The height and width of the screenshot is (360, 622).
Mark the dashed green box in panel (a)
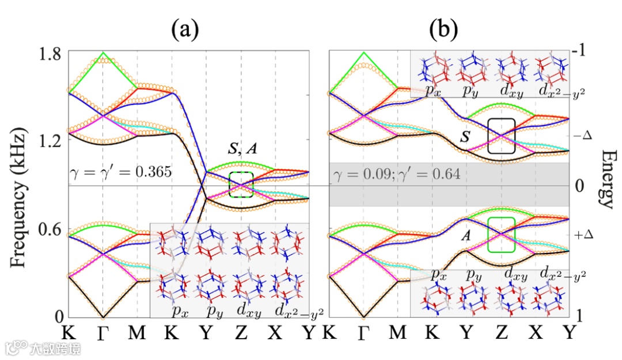pos(241,185)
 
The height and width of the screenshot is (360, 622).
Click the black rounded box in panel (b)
pos(501,136)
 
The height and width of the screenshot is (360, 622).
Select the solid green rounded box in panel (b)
pos(501,234)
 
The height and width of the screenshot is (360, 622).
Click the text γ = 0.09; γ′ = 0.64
pos(395,173)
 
